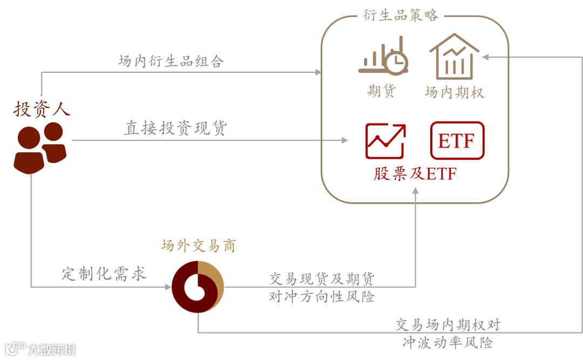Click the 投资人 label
click(42, 109)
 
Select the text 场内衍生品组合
click(171, 61)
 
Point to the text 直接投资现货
click(176, 128)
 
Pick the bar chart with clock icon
click(383, 56)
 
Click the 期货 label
click(382, 91)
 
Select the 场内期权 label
click(455, 93)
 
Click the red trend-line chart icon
click(385, 141)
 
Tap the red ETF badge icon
click(457, 141)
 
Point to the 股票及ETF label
click(415, 174)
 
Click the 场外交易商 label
click(199, 246)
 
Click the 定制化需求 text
click(104, 274)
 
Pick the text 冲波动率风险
click(448, 342)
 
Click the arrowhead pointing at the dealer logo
click(168, 287)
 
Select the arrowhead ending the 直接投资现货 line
click(344, 140)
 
